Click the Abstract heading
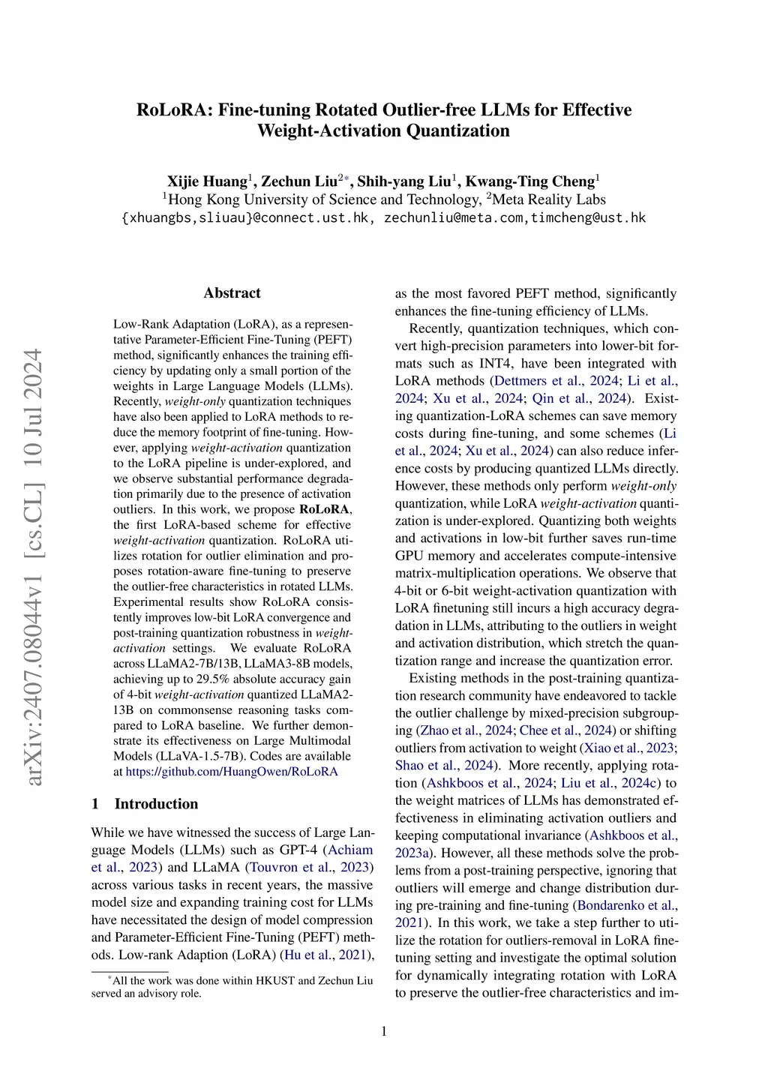pyautogui.click(x=232, y=293)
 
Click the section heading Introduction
pyautogui.click(x=156, y=804)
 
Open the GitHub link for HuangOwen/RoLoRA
pyautogui.click(x=232, y=771)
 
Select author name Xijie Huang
pyautogui.click(x=206, y=181)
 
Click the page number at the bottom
pyautogui.click(x=384, y=1031)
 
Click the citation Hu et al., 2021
pyautogui.click(x=327, y=955)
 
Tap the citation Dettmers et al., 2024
pyautogui.click(x=556, y=381)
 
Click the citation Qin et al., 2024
pyautogui.click(x=579, y=398)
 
